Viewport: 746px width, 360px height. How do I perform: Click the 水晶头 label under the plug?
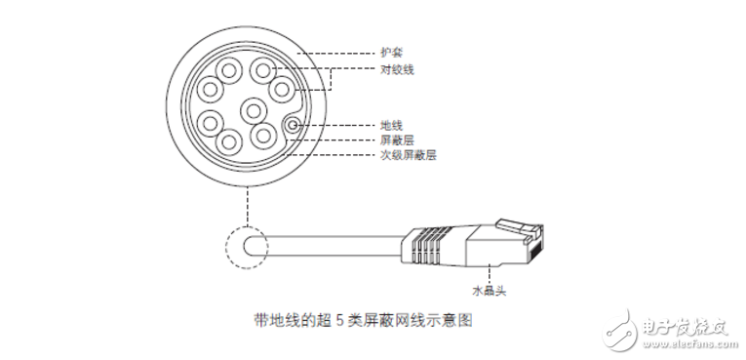486,290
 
